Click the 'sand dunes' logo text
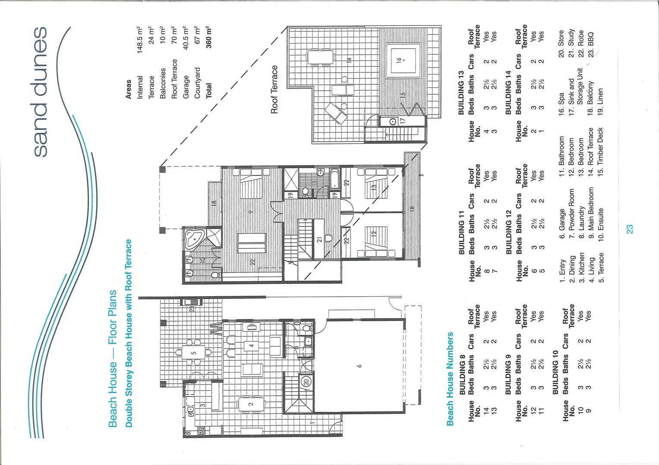[x=40, y=91]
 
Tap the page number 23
[x=630, y=229]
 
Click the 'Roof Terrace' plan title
[x=274, y=90]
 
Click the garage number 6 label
[x=359, y=366]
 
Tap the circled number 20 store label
[x=305, y=382]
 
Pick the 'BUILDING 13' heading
[x=461, y=93]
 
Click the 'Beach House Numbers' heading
[x=450, y=379]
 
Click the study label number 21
[x=320, y=239]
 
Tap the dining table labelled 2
[x=251, y=404]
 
